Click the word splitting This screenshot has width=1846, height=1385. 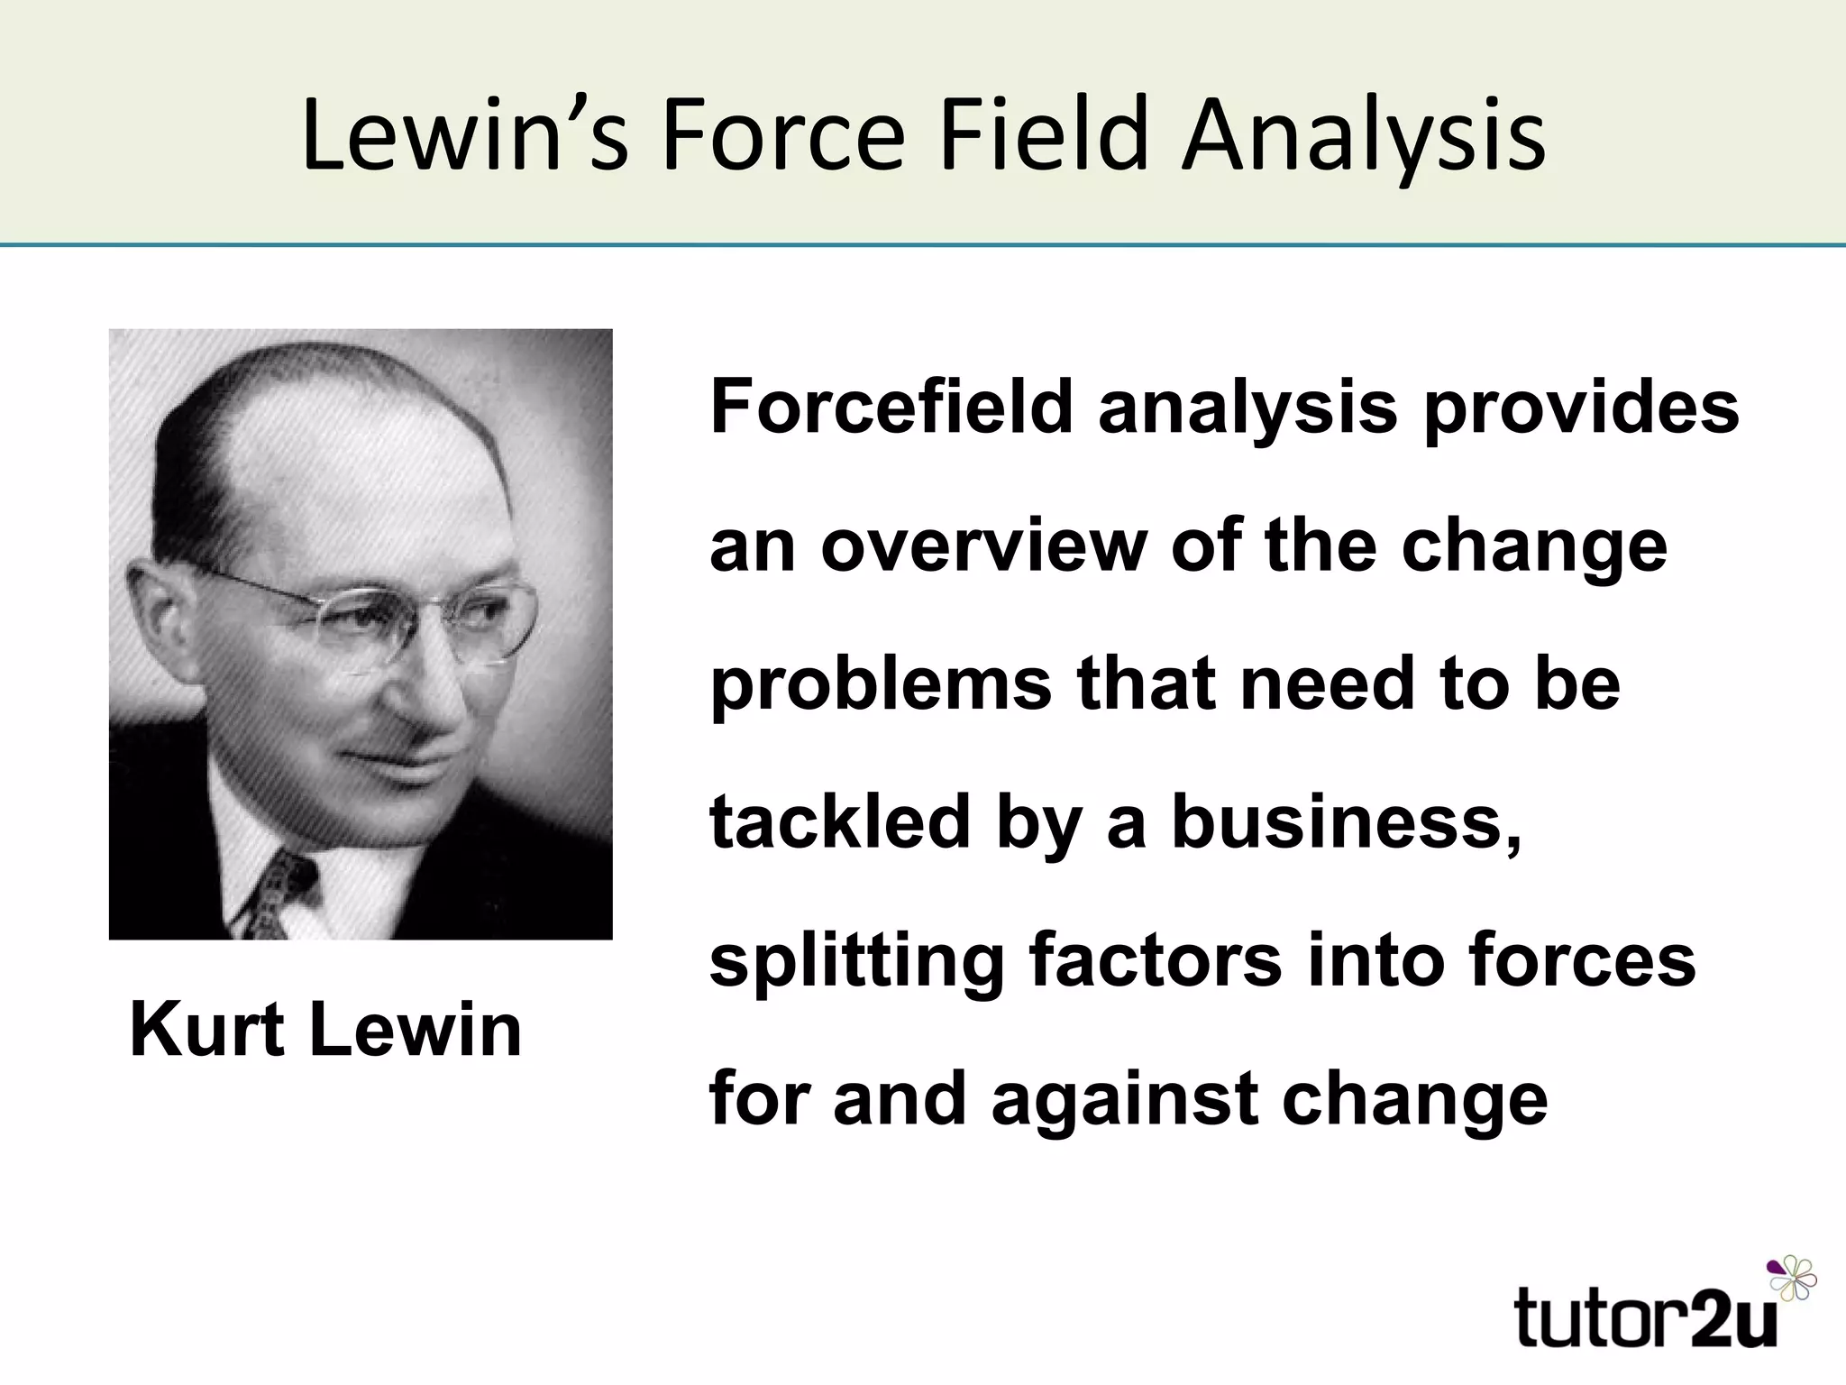(x=856, y=962)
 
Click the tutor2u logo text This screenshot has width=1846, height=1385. (x=1646, y=1317)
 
